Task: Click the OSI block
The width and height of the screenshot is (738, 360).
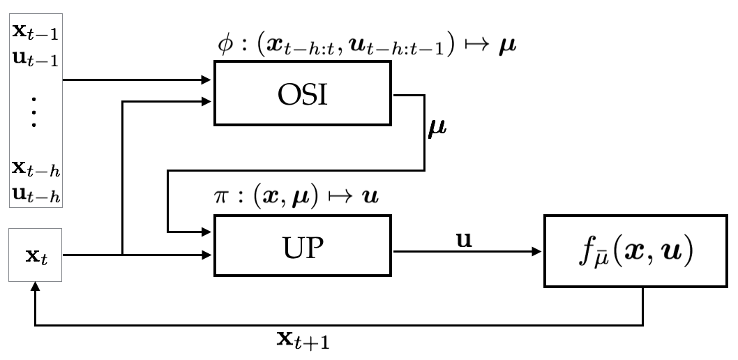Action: [x=303, y=93]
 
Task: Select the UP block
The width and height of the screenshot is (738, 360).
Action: [x=303, y=248]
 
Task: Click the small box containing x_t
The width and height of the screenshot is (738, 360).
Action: [x=36, y=255]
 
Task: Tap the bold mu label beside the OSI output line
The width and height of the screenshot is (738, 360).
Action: [x=437, y=128]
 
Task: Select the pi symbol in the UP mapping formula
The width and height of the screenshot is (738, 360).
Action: [x=220, y=196]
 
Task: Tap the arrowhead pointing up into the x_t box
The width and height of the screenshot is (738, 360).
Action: [x=36, y=287]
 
